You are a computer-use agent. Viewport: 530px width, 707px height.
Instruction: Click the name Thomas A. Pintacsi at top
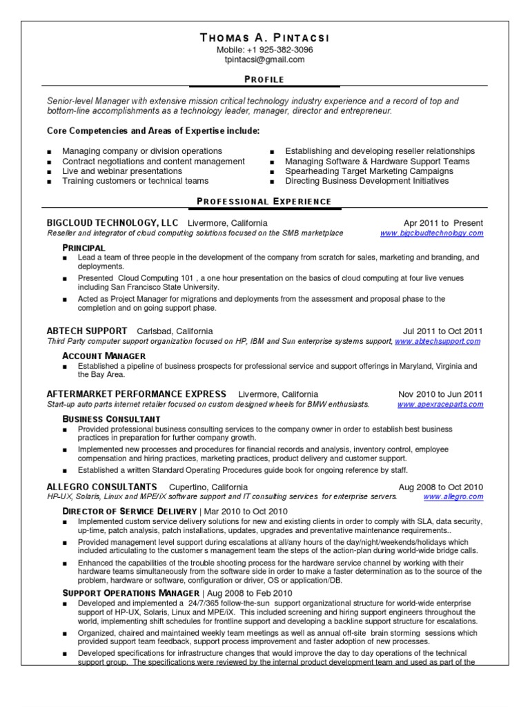[265, 37]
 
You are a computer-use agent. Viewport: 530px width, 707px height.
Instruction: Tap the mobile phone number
[265, 50]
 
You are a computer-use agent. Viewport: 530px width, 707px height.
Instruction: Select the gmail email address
[265, 59]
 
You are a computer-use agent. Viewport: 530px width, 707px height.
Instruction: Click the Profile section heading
[265, 79]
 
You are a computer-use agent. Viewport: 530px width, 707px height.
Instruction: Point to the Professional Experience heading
[265, 202]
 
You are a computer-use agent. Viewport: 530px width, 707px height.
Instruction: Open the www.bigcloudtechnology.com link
[431, 233]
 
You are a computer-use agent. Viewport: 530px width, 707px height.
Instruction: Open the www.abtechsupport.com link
[438, 342]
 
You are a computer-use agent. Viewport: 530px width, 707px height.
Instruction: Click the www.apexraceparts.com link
[440, 404]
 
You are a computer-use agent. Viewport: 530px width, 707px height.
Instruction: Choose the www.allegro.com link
[453, 496]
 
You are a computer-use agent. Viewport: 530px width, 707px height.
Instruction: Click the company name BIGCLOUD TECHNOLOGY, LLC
[112, 223]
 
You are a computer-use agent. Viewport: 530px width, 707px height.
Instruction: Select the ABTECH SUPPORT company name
[87, 331]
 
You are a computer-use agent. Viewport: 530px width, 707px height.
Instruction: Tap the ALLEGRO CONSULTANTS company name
[101, 487]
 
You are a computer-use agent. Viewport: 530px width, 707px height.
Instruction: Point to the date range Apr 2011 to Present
[443, 223]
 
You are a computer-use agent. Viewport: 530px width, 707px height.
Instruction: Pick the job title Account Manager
[104, 356]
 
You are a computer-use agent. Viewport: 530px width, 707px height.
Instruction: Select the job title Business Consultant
[111, 419]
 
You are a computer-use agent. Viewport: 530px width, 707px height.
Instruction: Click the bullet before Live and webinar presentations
[50, 171]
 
